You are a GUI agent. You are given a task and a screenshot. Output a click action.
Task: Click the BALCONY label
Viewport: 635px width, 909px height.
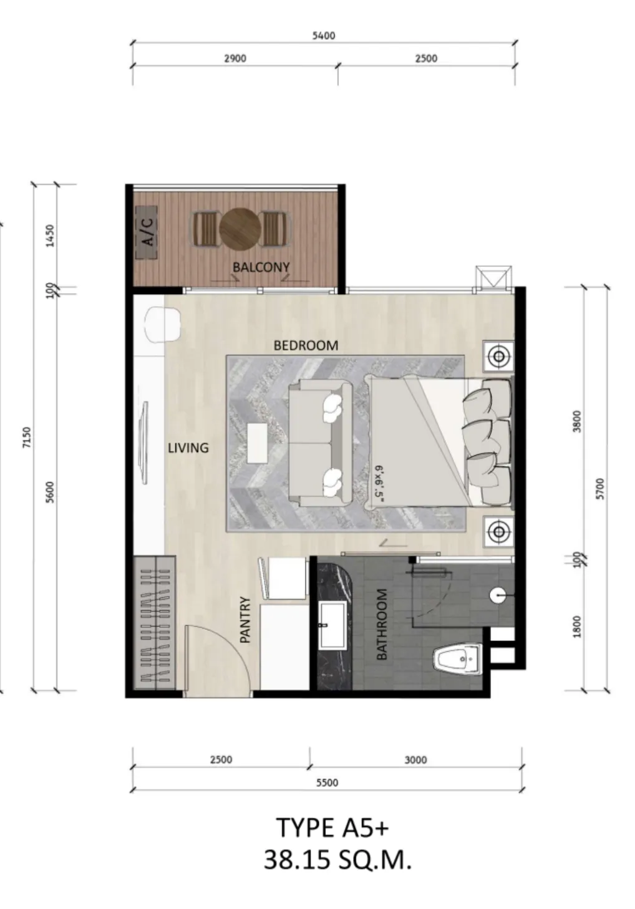click(x=261, y=267)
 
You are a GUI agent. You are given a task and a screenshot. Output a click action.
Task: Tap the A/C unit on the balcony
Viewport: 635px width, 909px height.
click(x=146, y=232)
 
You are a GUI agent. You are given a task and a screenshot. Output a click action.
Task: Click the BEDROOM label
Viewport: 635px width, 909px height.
click(x=306, y=345)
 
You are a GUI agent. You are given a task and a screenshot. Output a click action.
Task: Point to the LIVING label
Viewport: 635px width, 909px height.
click(x=188, y=448)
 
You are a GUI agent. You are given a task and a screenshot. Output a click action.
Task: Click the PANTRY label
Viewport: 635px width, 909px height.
click(x=245, y=620)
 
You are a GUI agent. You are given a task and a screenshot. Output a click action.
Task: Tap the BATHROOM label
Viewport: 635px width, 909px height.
click(x=382, y=625)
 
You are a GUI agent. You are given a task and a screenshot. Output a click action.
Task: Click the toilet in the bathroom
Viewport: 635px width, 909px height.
click(x=458, y=658)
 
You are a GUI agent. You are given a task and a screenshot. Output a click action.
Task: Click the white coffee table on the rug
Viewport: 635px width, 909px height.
click(x=257, y=443)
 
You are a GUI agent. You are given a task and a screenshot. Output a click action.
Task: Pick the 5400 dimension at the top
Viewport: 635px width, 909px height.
click(x=324, y=36)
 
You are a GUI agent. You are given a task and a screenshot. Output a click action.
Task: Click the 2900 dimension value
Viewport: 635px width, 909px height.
click(x=235, y=59)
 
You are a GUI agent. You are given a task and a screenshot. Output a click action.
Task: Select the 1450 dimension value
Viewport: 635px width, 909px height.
click(x=50, y=236)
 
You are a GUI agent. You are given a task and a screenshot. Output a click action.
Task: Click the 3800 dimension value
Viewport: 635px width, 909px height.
click(x=578, y=421)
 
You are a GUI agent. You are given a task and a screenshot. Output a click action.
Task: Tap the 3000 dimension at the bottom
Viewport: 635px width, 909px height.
click(x=416, y=759)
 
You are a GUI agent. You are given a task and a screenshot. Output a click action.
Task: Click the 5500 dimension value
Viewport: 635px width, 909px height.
click(x=327, y=783)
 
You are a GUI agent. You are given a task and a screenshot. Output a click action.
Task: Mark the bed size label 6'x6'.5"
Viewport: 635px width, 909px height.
click(x=381, y=485)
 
